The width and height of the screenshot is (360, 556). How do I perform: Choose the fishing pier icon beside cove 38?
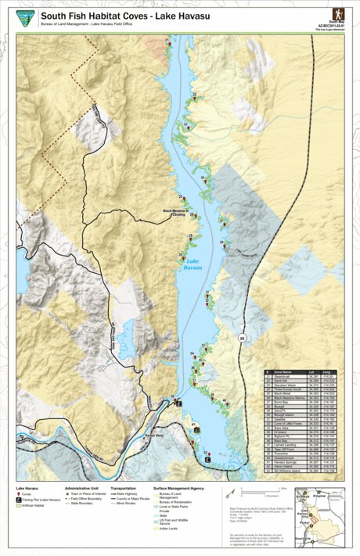pyautogui.click(x=179, y=403)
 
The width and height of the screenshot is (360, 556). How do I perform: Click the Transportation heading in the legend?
pyautogui.click(x=124, y=486)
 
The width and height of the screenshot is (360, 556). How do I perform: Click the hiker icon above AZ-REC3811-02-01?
pyautogui.click(x=337, y=14)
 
